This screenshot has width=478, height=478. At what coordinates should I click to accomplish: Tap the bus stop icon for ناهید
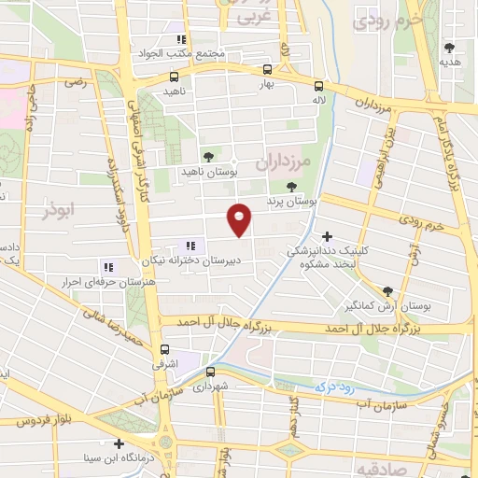[174, 77]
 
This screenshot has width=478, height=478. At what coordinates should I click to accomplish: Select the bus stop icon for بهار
[268, 69]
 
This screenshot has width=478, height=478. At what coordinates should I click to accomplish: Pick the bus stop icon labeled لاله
[318, 81]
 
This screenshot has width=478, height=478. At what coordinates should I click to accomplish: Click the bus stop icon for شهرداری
[210, 371]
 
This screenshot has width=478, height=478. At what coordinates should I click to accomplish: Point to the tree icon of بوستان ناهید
[207, 157]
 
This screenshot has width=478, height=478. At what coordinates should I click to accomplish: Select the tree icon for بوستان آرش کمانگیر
[387, 290]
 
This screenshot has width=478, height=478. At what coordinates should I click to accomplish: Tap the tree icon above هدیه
[450, 47]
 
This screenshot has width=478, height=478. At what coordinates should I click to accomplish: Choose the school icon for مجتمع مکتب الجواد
[182, 39]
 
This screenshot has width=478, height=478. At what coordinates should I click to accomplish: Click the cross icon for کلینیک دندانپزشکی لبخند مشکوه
[326, 236]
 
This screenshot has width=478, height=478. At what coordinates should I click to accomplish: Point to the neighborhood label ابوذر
[58, 210]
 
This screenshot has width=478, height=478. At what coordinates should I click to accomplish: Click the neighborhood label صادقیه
[378, 466]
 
